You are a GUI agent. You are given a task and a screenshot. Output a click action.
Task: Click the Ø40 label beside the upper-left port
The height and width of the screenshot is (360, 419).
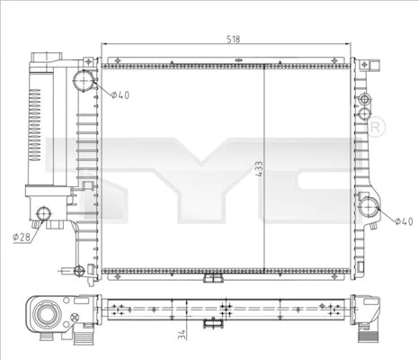pyautogui.click(x=120, y=95)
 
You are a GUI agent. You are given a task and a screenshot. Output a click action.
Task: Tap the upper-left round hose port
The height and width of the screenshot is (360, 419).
pyautogui.click(x=85, y=81)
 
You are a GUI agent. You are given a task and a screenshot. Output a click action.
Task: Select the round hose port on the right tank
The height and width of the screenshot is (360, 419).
pyautogui.click(x=369, y=208)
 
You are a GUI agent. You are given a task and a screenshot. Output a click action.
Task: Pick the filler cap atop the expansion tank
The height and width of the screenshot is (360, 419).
pyautogui.click(x=43, y=59)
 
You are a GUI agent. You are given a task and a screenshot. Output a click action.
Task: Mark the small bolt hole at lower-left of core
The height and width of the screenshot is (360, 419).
pyautogui.click(x=80, y=268)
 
